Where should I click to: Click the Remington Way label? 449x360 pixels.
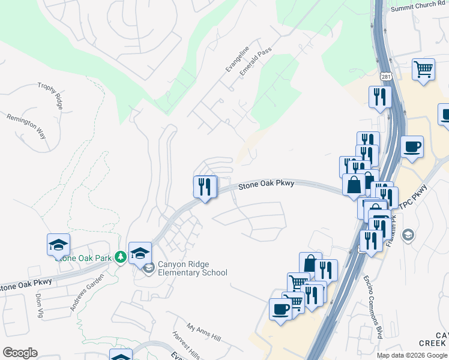tap(26, 126)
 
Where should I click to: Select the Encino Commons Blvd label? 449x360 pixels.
tap(372, 307)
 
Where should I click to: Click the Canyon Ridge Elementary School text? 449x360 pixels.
tap(192, 269)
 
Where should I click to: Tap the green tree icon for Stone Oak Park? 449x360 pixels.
tap(121, 256)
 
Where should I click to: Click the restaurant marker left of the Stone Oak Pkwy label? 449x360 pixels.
tap(205, 187)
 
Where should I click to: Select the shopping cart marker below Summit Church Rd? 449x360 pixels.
tap(423, 69)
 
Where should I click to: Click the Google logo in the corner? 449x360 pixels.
tap(20, 353)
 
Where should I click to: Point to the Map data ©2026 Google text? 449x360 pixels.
tap(412, 355)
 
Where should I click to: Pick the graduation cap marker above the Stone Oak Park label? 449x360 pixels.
tap(59, 244)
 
